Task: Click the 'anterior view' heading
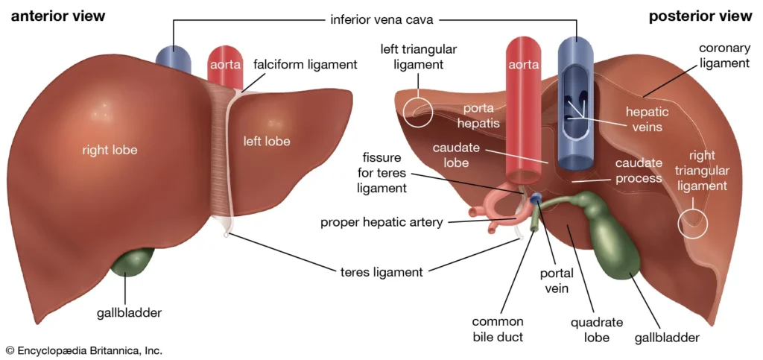pos(57,16)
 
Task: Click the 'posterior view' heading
pos(700,16)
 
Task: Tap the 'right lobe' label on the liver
pos(110,150)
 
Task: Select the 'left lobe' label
pos(267,141)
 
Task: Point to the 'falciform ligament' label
pos(305,65)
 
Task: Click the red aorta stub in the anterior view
pos(224,63)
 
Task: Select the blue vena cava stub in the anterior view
pos(173,60)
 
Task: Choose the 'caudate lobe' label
pos(455,155)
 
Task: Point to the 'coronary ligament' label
pos(724,56)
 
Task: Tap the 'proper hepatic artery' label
pos(381,222)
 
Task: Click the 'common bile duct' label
pos(498,329)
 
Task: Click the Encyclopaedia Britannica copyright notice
pos(83,350)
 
